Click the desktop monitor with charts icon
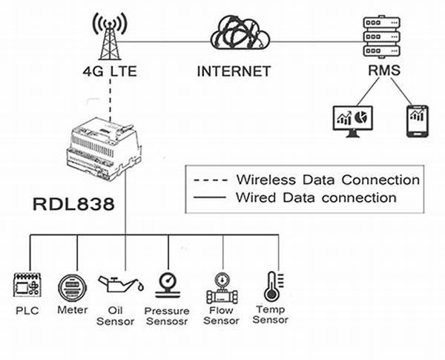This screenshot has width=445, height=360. (352, 119)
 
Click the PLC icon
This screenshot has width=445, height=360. (29, 286)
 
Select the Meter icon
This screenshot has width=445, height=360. (73, 285)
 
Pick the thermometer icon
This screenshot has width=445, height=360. (271, 286)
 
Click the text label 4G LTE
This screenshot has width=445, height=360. (108, 72)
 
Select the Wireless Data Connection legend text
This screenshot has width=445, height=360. (327, 180)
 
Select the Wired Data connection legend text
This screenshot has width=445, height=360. (315, 197)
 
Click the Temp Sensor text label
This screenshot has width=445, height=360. (271, 315)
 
